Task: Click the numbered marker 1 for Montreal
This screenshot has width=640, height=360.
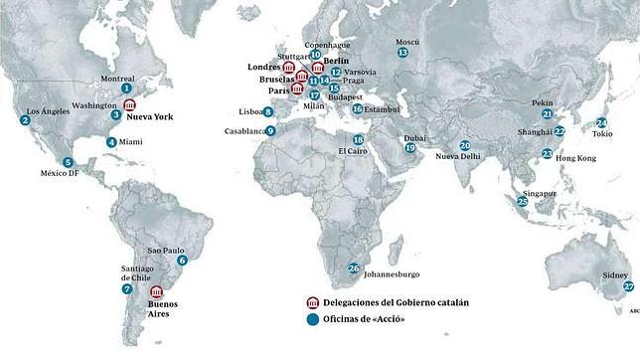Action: point(126,89)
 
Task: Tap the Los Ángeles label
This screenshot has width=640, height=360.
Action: point(48,110)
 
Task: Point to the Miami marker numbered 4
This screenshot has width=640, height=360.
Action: point(110,141)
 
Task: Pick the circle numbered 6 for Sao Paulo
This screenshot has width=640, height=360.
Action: point(182,261)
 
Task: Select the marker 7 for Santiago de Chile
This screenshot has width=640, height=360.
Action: point(127,288)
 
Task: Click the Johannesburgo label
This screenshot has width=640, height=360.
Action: point(393,273)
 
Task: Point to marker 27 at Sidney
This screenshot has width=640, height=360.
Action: point(628,286)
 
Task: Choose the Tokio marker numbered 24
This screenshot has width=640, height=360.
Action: point(602,122)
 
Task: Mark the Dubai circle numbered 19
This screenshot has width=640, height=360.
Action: point(409,148)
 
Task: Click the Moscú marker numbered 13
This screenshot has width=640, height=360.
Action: point(402,52)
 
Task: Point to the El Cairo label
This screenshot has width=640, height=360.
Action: point(354,151)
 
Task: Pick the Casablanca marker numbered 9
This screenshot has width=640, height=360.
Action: point(270,130)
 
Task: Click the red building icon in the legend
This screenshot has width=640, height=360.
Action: point(313,301)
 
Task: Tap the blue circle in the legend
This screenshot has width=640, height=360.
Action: point(313,318)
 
